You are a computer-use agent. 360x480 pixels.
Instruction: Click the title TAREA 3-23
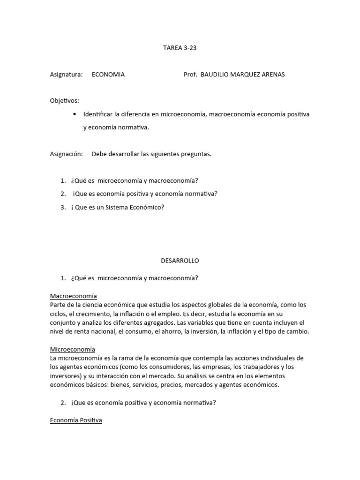click(180, 47)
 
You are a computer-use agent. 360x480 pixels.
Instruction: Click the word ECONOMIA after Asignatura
click(108, 75)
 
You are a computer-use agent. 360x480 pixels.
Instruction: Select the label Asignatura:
click(66, 75)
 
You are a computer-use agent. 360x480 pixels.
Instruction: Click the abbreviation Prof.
click(190, 75)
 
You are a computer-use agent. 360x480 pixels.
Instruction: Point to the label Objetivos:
click(65, 101)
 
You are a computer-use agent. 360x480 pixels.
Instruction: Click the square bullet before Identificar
click(75, 114)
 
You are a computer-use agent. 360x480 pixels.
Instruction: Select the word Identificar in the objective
click(99, 114)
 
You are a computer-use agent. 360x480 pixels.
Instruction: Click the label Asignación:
click(66, 154)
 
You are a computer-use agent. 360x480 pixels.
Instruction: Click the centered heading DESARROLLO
click(180, 261)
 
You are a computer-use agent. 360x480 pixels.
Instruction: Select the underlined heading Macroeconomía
click(73, 296)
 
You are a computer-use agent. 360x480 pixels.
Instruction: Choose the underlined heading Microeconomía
click(72, 349)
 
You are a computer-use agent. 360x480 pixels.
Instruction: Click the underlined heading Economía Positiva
click(76, 420)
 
